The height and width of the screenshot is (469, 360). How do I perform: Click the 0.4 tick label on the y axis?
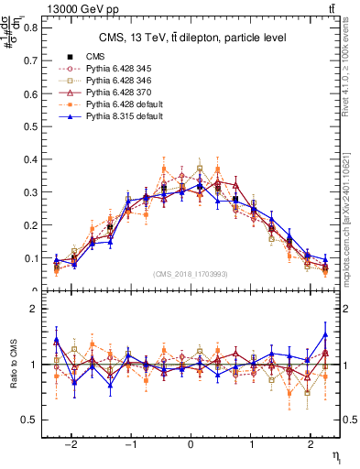32,159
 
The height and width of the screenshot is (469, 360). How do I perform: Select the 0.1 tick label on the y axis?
32,258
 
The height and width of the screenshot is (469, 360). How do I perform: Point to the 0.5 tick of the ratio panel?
32,420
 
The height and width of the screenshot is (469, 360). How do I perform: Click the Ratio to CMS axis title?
13,366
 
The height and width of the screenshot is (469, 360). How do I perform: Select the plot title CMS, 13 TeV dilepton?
192,38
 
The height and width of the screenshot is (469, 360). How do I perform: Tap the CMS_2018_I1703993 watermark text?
193,275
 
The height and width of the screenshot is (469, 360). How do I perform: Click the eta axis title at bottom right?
336,455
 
